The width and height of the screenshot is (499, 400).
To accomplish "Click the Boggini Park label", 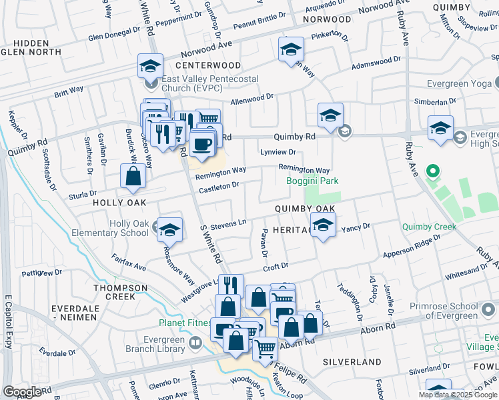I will coord(312,181).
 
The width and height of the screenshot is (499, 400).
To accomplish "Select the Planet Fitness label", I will coord(186,324).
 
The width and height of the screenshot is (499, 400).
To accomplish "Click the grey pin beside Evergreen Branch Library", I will coord(195,343).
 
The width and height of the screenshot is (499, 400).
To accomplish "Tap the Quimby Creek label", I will coord(429,227).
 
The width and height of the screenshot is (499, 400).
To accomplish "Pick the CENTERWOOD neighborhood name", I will coord(207,65).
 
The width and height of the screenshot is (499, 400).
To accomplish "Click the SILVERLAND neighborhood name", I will coord(352,361).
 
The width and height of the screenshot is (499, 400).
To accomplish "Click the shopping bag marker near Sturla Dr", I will coord(133,176).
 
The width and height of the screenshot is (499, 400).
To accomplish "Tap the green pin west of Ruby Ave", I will coord(432,172).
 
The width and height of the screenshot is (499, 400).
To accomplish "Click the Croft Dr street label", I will coord(276,268).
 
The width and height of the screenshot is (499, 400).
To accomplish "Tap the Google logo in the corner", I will coord(22,392).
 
